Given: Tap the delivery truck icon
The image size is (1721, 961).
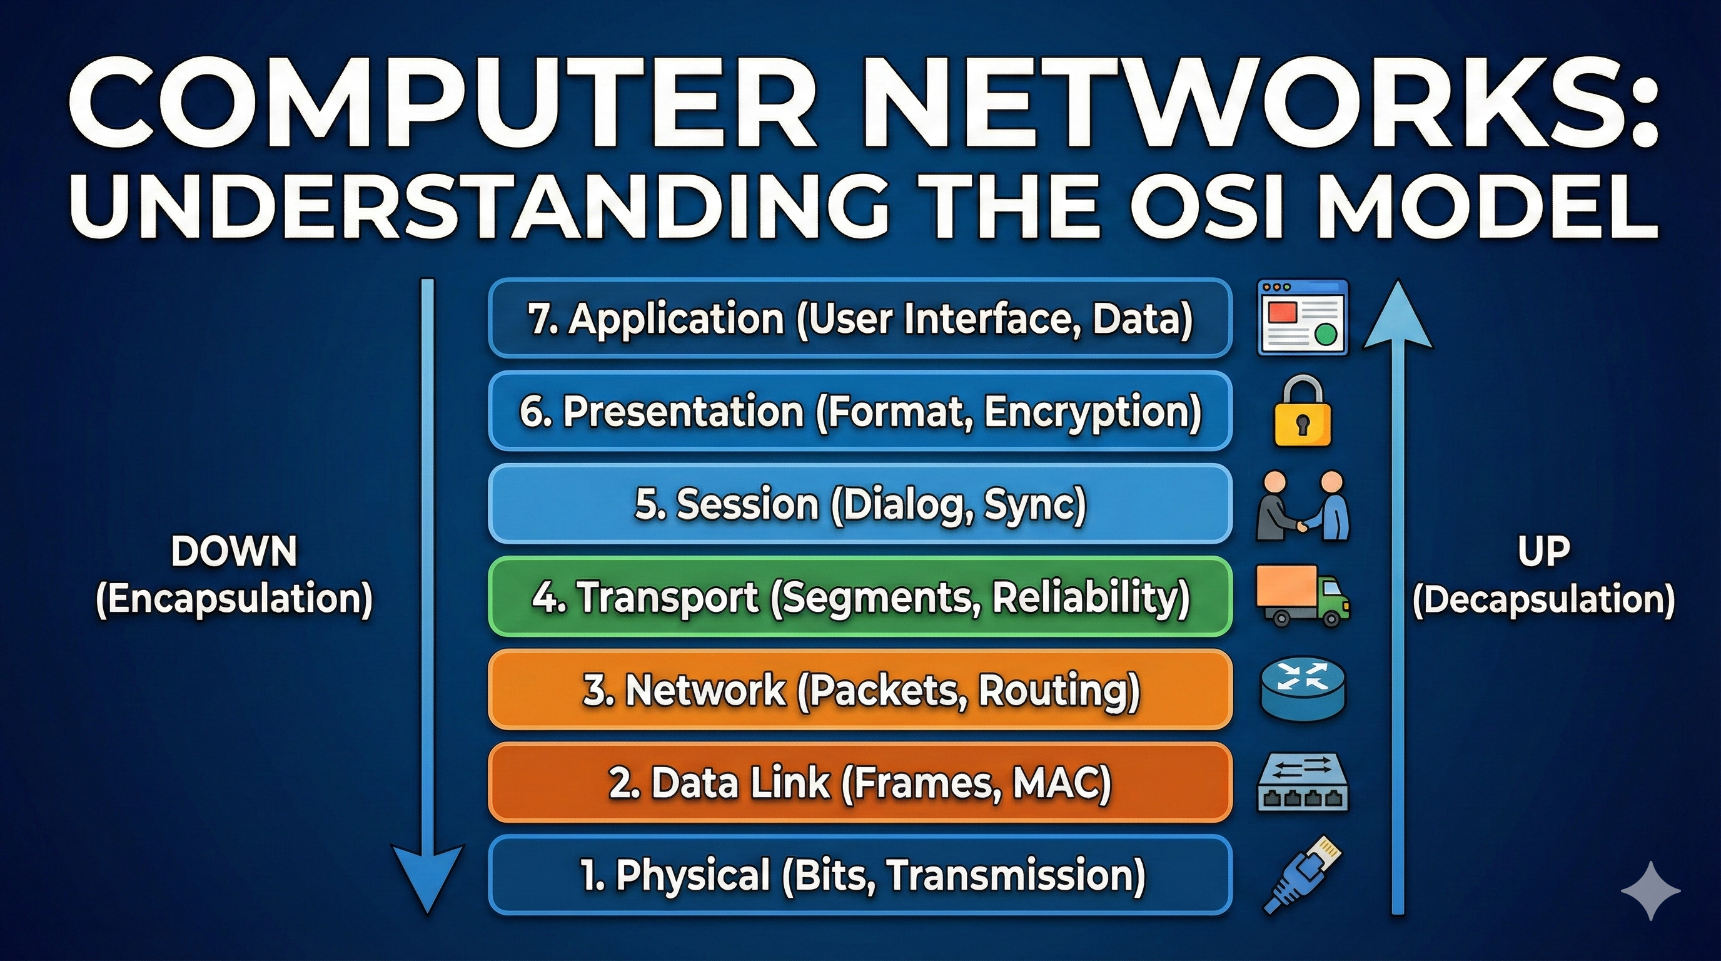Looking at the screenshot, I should [1301, 596].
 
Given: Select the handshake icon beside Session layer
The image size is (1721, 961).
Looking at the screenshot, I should [1302, 506].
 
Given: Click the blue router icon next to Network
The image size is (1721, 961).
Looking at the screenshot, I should [1302, 689].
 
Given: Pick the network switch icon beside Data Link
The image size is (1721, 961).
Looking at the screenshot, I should [1302, 783].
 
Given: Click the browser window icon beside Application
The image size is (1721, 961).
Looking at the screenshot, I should [1302, 318].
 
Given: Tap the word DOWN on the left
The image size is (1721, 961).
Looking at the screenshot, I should [234, 552].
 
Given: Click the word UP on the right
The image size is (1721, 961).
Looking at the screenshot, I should [1543, 552].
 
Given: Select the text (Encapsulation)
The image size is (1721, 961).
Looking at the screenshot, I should [234, 599].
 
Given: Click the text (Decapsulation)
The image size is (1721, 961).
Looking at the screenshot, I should [1543, 599].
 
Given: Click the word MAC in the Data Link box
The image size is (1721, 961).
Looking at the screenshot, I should [1061, 783].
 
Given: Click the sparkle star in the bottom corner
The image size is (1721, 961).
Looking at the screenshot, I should [1650, 891].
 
